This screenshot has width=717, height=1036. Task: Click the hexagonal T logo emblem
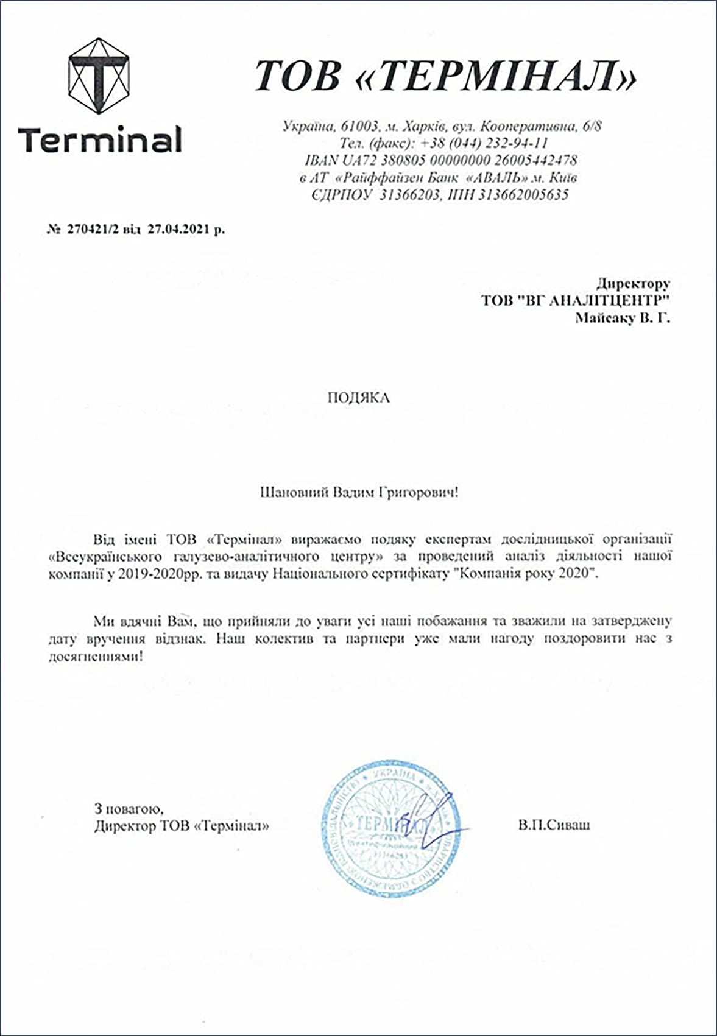tap(99, 75)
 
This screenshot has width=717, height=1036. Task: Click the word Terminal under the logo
tap(100, 139)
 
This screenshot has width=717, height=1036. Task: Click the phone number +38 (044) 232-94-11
tap(484, 143)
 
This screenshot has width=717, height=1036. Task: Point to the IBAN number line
tap(440, 160)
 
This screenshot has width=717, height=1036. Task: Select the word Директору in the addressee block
tap(633, 283)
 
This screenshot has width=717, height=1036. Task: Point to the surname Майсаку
tap(604, 317)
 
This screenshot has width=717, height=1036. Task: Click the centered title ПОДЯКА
tap(358, 398)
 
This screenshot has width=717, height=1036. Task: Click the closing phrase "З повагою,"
tap(129, 809)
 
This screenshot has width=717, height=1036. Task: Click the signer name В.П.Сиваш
tap(554, 825)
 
